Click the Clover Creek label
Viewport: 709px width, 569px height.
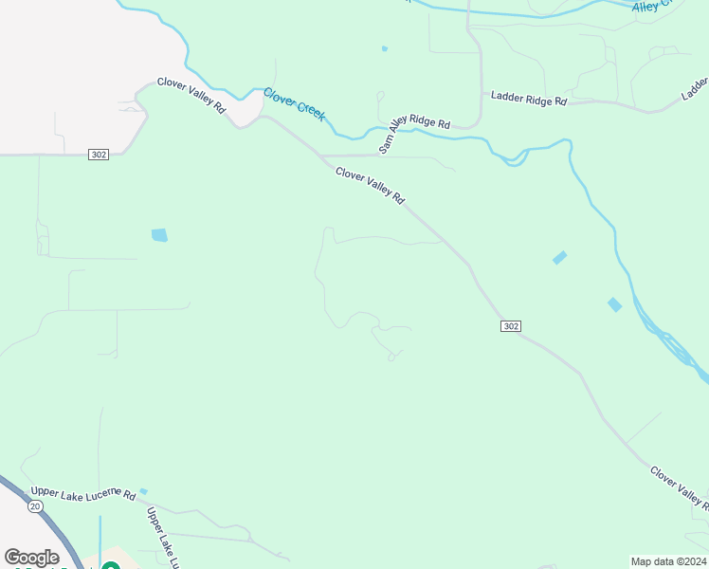(294, 103)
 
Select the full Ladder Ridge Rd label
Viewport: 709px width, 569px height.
(529, 99)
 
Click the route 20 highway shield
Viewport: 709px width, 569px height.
(35, 507)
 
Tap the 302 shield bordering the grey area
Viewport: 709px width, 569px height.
(98, 154)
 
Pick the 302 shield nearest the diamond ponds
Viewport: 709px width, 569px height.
(510, 326)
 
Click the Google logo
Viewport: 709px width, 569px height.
(31, 558)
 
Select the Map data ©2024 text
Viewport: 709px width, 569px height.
(669, 561)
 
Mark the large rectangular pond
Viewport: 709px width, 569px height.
(159, 234)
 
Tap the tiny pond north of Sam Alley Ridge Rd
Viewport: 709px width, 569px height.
(384, 48)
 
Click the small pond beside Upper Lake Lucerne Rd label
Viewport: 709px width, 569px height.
(143, 491)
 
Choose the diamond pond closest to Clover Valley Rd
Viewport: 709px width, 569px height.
(559, 257)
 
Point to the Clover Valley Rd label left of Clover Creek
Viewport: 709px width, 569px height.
(191, 96)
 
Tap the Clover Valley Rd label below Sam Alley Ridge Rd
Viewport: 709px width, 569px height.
(370, 185)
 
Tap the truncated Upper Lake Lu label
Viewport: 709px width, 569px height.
(161, 537)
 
